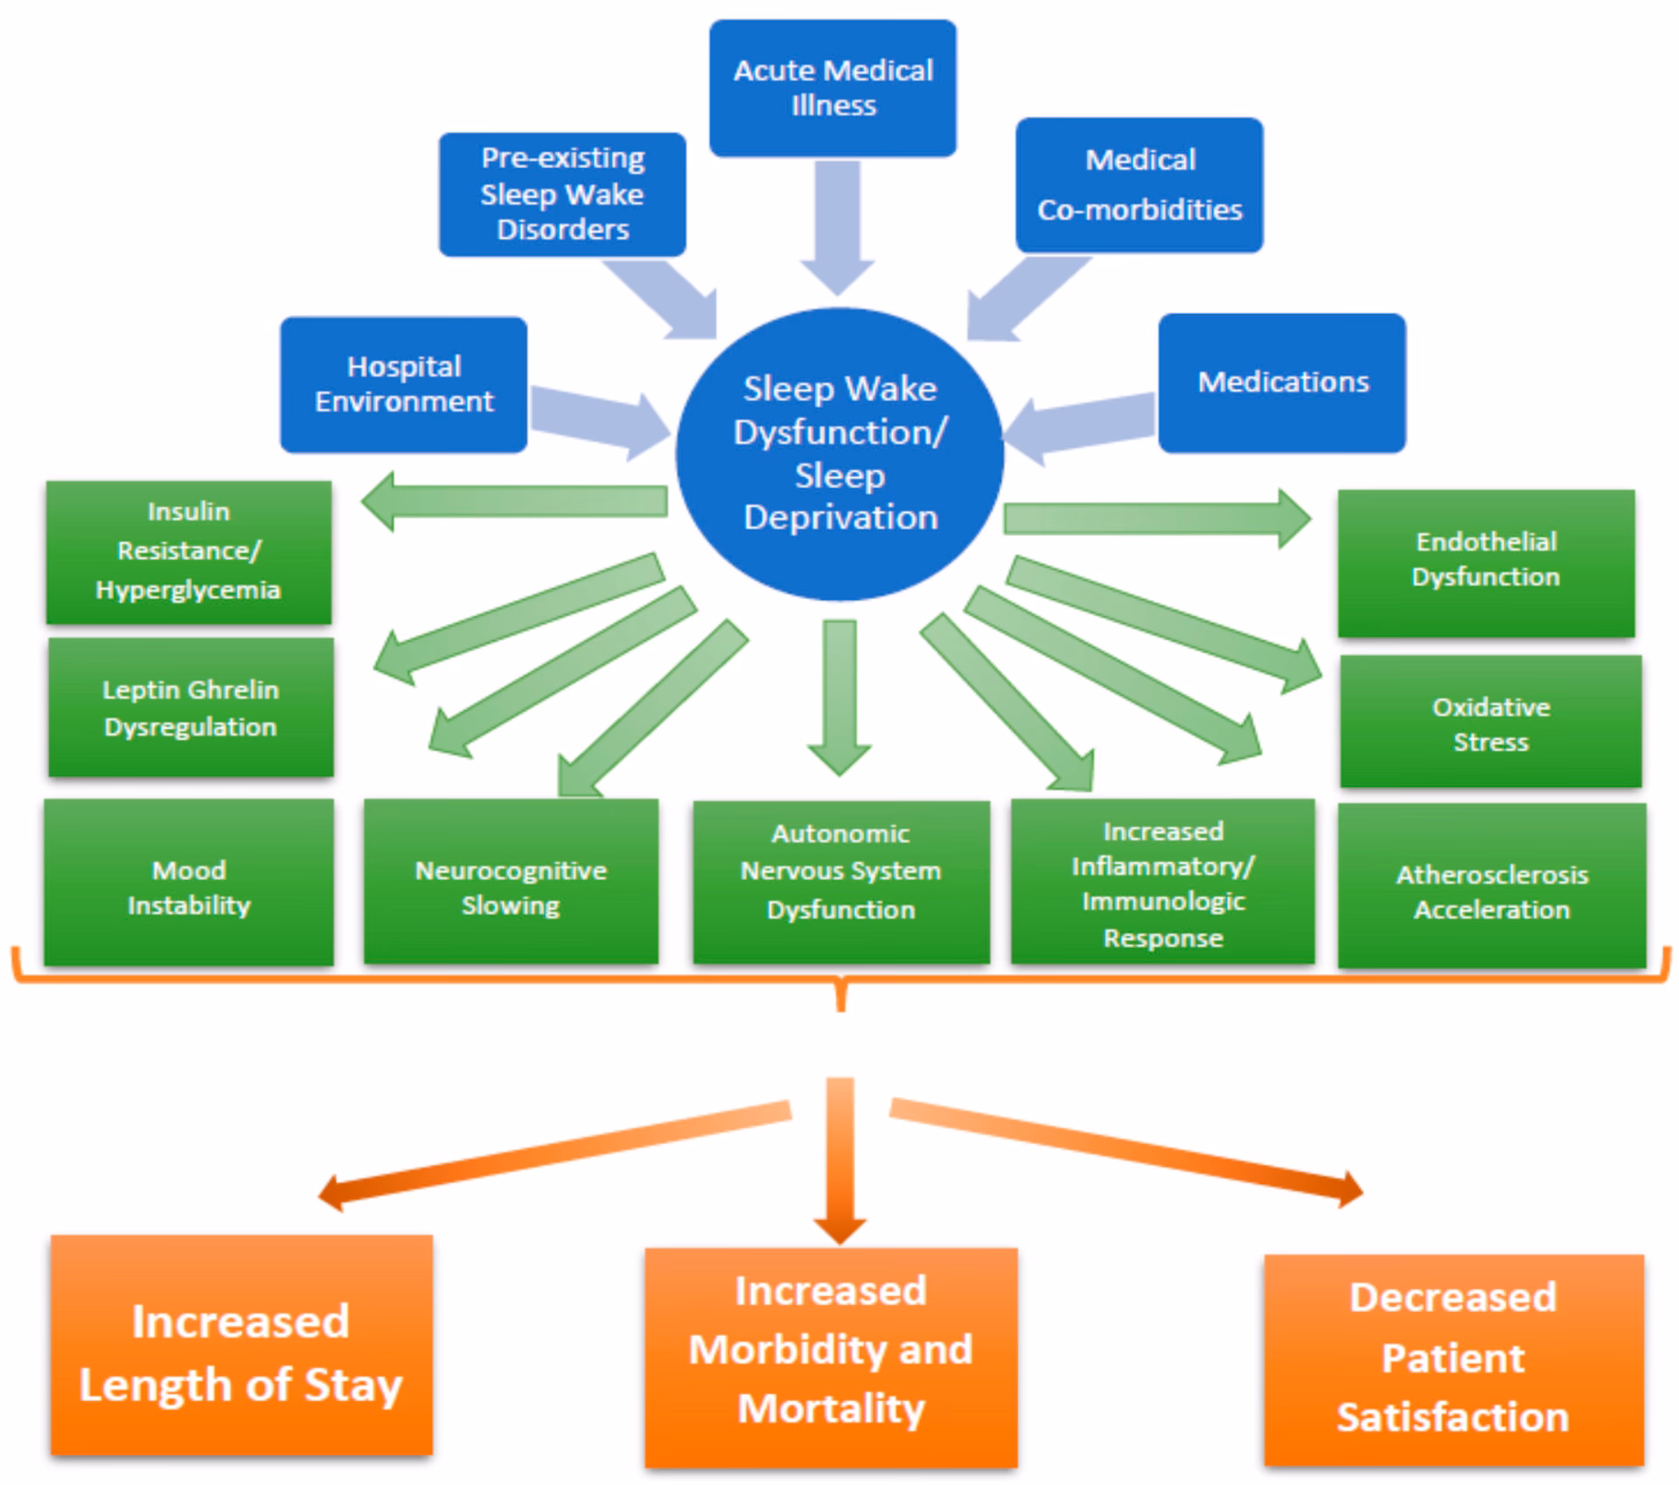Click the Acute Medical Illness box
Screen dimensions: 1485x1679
[833, 88]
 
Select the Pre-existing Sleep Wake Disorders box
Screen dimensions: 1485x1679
[562, 194]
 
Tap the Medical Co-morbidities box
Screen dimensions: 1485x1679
[1139, 185]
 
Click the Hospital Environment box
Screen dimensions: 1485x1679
[403, 384]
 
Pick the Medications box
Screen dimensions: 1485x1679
[1282, 383]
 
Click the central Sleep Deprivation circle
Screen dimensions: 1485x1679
[839, 453]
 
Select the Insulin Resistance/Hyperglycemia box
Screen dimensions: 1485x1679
[189, 552]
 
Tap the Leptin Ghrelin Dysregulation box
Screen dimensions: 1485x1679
[191, 708]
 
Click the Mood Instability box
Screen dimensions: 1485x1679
[189, 882]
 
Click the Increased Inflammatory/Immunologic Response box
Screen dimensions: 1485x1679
[1162, 882]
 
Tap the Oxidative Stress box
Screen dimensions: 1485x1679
[1490, 722]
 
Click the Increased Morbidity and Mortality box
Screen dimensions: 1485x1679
[831, 1356]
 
